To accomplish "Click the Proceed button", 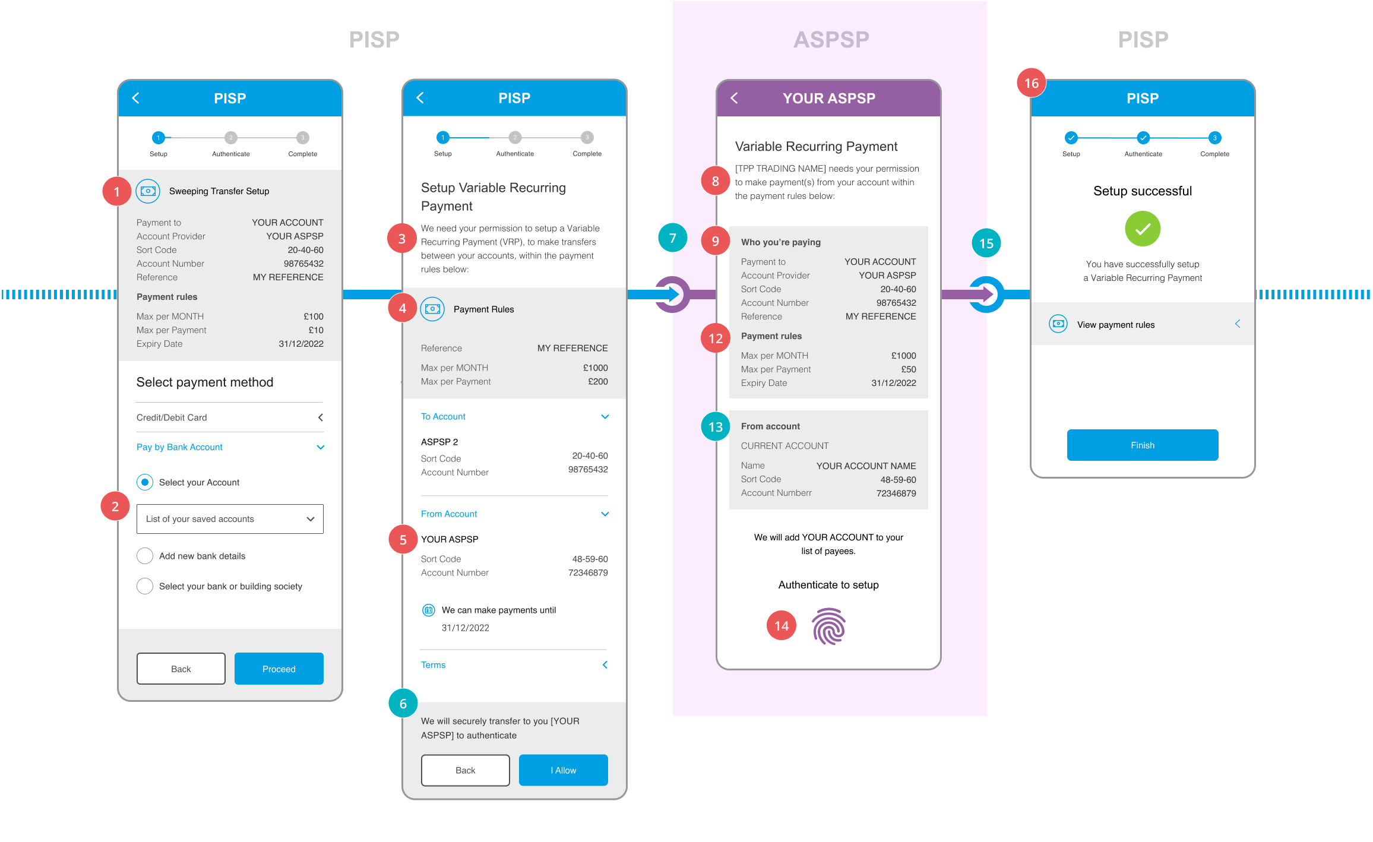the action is pyautogui.click(x=279, y=669).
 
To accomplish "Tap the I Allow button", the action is pyautogui.click(x=563, y=770).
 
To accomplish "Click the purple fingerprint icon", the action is pyautogui.click(x=828, y=626).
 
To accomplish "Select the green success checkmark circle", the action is pyautogui.click(x=1143, y=229).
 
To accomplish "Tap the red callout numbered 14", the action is pyautogui.click(x=782, y=625).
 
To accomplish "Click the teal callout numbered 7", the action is pyautogui.click(x=673, y=238).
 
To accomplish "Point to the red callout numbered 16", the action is pyautogui.click(x=1032, y=83).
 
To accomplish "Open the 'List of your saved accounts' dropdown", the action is pyautogui.click(x=230, y=519).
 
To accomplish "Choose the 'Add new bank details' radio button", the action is pyautogui.click(x=145, y=556).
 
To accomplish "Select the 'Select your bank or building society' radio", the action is pyautogui.click(x=145, y=586).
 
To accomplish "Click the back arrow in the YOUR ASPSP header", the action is pyautogui.click(x=735, y=98).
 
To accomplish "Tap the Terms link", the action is pyautogui.click(x=433, y=665).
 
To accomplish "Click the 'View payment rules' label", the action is pyautogui.click(x=1116, y=325).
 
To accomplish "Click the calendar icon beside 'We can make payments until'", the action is pyautogui.click(x=428, y=610).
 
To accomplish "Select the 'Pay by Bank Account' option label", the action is pyautogui.click(x=179, y=447).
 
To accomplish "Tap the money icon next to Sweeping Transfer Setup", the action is pyautogui.click(x=148, y=191).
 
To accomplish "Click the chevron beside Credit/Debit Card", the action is pyautogui.click(x=321, y=417).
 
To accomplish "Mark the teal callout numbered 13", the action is pyautogui.click(x=716, y=426).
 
